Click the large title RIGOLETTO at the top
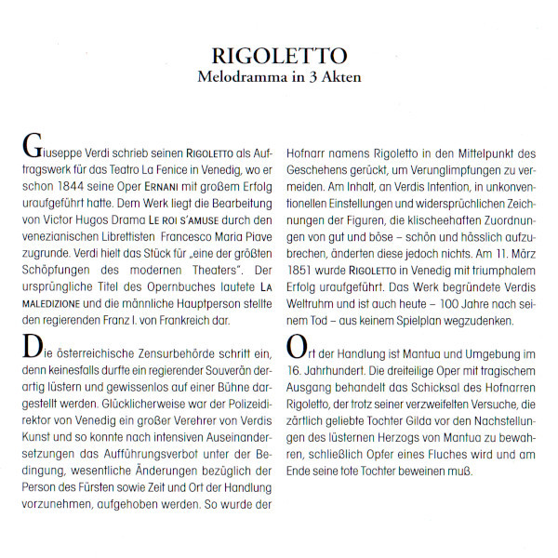click(279, 56)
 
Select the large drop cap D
click(30, 347)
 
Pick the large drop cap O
click(298, 347)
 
